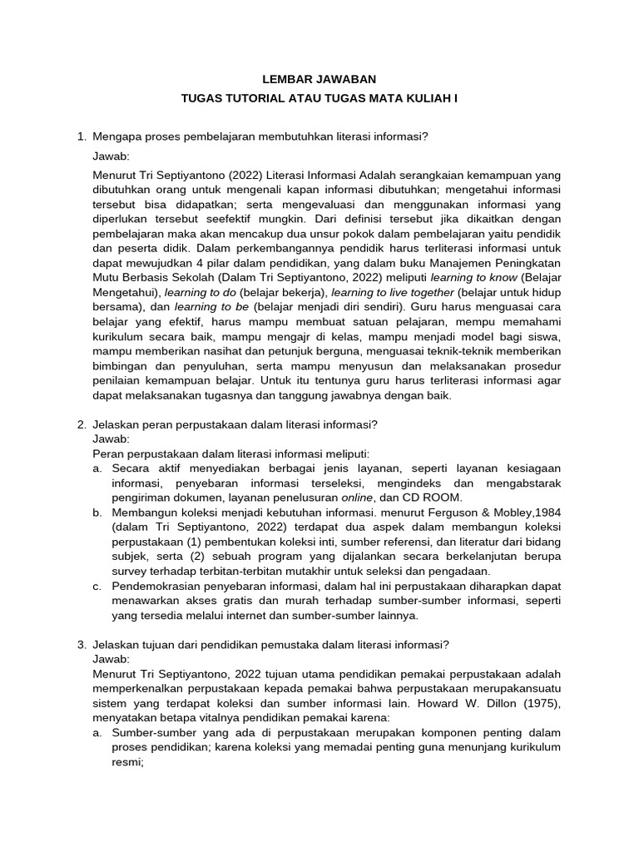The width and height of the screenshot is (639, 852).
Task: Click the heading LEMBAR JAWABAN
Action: click(x=319, y=79)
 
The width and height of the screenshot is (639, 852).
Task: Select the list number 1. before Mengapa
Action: click(x=81, y=136)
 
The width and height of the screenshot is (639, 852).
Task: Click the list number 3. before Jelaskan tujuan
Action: click(x=81, y=644)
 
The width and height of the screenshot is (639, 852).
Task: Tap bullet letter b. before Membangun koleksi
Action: click(x=97, y=512)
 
